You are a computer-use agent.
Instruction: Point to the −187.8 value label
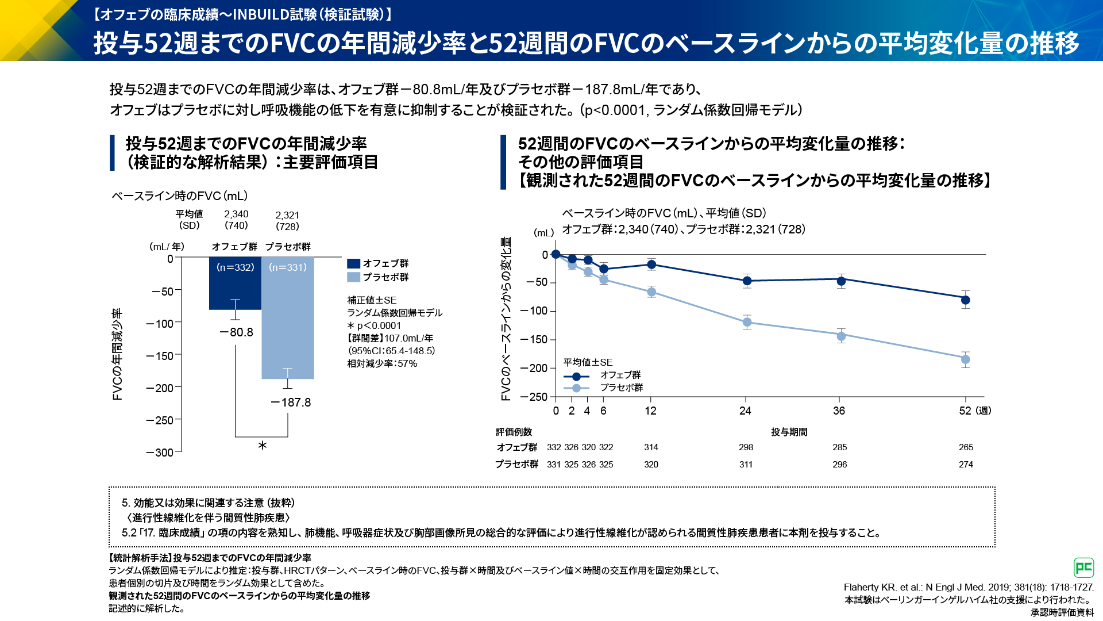click(291, 402)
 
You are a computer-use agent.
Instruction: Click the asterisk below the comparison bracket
click(262, 446)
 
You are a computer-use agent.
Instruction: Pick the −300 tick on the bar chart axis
click(160, 453)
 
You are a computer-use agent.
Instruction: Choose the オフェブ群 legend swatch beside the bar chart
click(354, 263)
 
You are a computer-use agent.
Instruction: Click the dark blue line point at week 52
click(966, 300)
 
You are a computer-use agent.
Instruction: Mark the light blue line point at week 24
click(747, 323)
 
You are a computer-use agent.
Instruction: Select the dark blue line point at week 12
click(651, 264)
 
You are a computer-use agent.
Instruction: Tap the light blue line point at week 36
click(841, 336)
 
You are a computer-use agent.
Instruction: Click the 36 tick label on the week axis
click(839, 411)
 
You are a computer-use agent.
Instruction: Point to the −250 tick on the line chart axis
click(534, 397)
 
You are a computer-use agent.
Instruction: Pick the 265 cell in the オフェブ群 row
click(966, 447)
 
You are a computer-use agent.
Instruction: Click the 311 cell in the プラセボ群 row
click(746, 465)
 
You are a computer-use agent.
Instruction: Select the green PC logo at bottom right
click(1083, 568)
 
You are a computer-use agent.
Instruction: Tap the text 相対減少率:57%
click(382, 363)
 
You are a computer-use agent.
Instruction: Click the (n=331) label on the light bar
click(288, 267)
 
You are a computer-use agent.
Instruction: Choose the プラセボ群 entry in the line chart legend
click(620, 388)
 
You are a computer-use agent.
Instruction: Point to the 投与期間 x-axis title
click(789, 432)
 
